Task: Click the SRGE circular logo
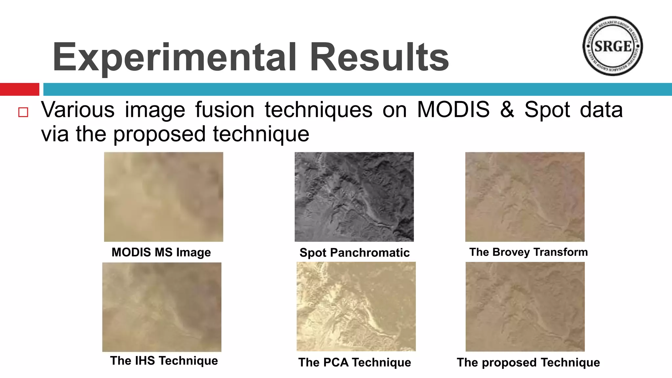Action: point(612,46)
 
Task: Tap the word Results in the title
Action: point(379,57)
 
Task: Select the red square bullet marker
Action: point(23,112)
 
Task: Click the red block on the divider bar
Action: point(19,89)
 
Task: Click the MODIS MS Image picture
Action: point(163,197)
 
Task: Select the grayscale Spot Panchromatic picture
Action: point(354,197)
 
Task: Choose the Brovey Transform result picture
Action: point(525,197)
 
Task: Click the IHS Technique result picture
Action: point(162,307)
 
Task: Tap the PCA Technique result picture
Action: point(356,306)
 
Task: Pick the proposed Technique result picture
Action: point(525,306)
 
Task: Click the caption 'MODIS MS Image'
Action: point(161,252)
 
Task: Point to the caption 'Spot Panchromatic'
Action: point(354,253)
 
